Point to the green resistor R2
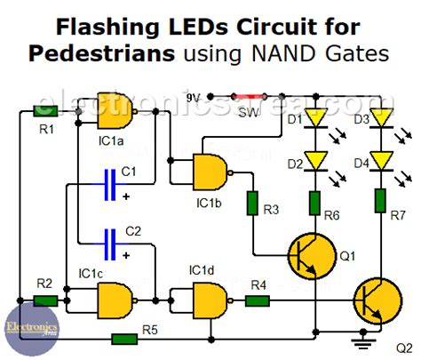(45, 300)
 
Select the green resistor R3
(253, 203)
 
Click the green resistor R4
(258, 300)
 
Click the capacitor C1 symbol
(110, 185)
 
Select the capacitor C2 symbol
(110, 239)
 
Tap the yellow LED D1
(315, 118)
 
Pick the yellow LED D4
(382, 160)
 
